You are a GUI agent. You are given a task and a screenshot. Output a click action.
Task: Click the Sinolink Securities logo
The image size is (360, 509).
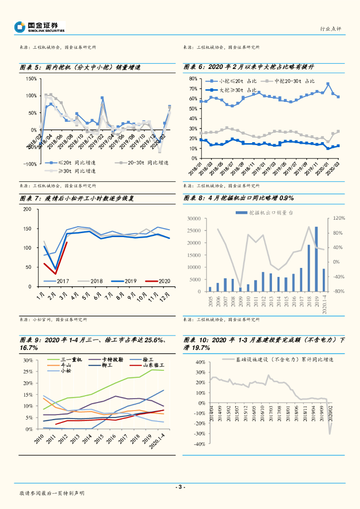[40, 27]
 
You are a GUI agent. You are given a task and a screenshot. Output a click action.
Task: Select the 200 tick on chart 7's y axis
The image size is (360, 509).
[27, 209]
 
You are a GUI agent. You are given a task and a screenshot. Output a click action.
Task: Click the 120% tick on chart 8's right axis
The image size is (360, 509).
[338, 218]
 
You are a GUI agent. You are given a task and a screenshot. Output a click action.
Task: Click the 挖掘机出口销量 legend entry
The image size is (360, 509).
[266, 212]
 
